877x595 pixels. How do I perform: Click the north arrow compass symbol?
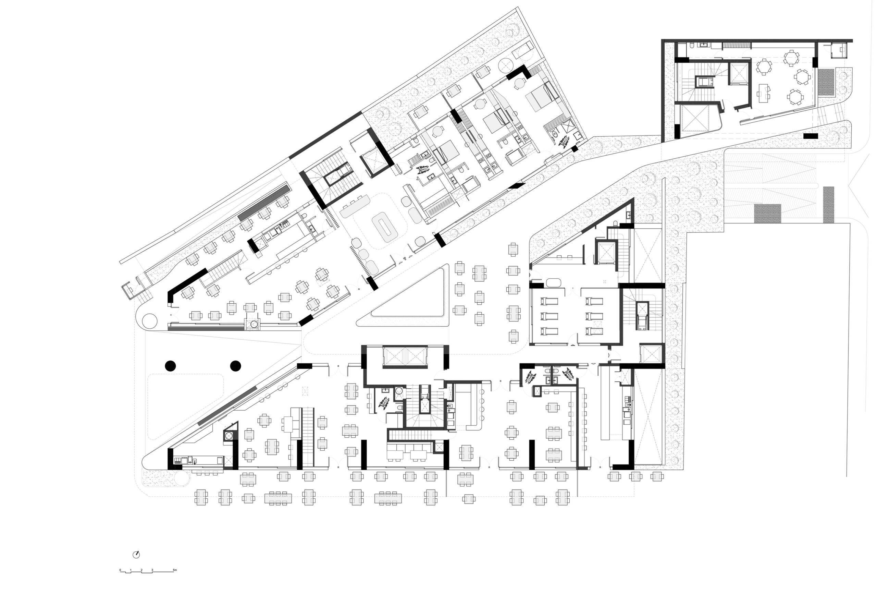(136, 555)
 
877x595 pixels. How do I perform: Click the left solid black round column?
(170, 365)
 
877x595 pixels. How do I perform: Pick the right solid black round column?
(235, 365)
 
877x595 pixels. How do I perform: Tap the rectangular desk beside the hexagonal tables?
(763, 93)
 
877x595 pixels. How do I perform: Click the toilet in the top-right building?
(691, 45)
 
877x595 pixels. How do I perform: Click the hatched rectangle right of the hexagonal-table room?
(826, 82)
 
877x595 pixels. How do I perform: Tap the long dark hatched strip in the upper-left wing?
(264, 202)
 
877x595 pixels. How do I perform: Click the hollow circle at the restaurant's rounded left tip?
(149, 321)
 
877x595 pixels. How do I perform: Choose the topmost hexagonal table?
(791, 58)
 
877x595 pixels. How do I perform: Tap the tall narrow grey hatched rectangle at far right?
(828, 205)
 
